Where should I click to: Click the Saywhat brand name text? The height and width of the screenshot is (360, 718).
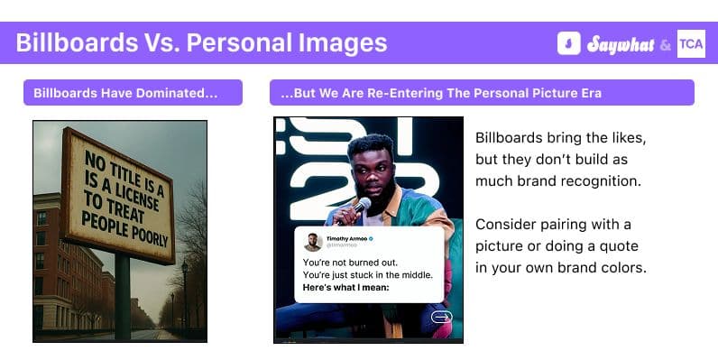[x=620, y=43]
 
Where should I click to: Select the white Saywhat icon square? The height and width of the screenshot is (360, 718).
[x=568, y=43]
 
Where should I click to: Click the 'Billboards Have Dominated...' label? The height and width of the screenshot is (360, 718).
[x=133, y=93]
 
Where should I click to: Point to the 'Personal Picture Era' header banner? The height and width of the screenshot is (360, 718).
[x=482, y=93]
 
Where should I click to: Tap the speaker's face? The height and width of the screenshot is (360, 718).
[x=369, y=167]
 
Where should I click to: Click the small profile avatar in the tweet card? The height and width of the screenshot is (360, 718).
[x=312, y=242]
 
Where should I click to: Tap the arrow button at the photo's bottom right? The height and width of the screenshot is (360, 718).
[x=441, y=316]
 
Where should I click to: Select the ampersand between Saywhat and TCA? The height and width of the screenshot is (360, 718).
[x=664, y=44]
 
